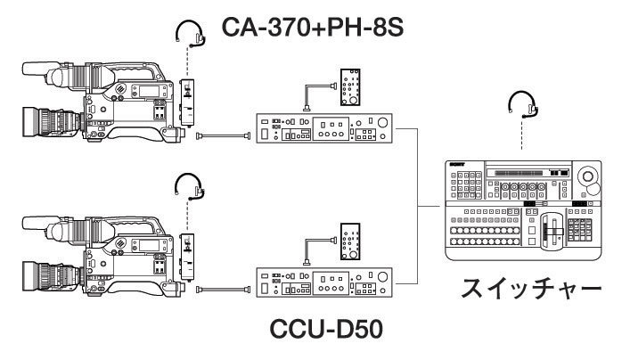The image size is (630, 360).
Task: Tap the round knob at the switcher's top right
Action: [x=589, y=179]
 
